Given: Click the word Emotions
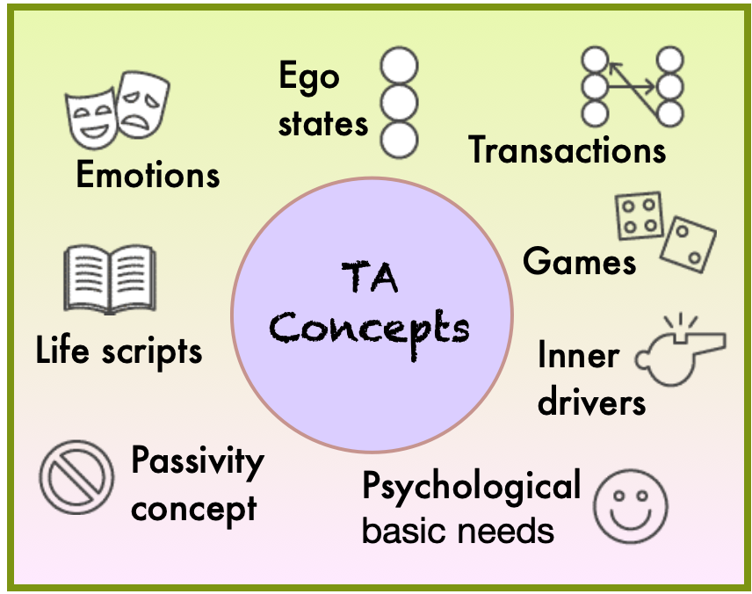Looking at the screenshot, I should pyautogui.click(x=148, y=175).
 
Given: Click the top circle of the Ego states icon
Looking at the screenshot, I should pyautogui.click(x=399, y=66).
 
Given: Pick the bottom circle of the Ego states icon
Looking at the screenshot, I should pyautogui.click(x=399, y=137).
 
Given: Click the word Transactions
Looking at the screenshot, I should pyautogui.click(x=567, y=149).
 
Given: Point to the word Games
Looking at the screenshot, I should pyautogui.click(x=579, y=261).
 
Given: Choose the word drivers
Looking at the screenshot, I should pyautogui.click(x=591, y=402).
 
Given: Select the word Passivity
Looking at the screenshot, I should pyautogui.click(x=197, y=462).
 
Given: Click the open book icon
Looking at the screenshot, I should pyautogui.click(x=110, y=278).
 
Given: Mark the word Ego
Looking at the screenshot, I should pyautogui.click(x=308, y=76).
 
